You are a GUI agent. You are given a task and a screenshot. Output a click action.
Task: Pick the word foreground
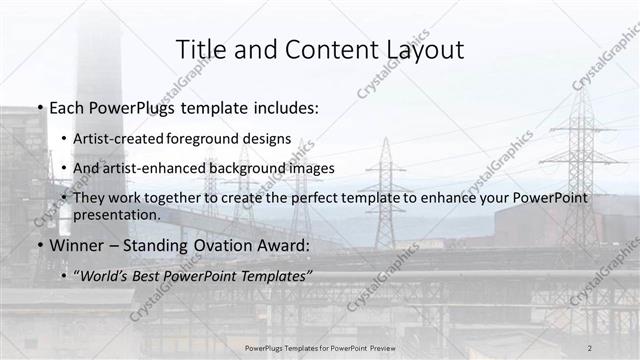point(228,139)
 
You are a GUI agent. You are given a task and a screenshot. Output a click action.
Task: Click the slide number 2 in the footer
point(590,347)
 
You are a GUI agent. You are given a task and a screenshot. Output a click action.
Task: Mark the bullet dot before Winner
point(39,246)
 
